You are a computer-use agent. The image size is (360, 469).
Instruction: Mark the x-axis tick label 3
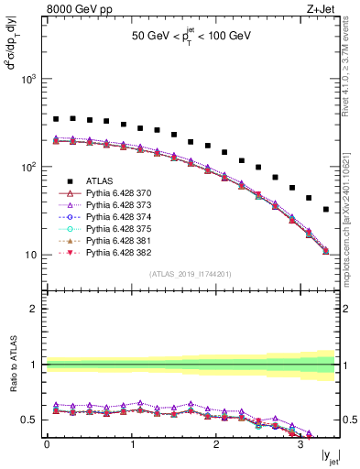point(300,445)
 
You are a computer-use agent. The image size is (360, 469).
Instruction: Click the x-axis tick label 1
point(131,445)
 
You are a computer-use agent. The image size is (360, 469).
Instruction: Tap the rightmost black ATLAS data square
point(326,210)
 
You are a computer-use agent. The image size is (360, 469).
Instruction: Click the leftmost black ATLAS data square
point(56,119)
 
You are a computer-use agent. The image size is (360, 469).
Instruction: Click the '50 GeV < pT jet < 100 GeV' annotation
point(191,38)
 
